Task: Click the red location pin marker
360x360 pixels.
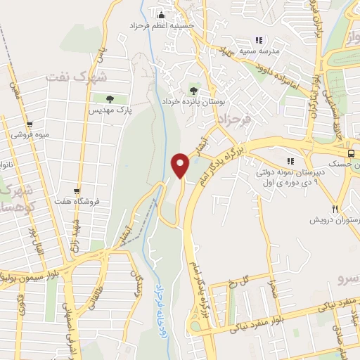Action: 181,165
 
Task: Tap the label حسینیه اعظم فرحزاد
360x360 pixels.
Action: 161,26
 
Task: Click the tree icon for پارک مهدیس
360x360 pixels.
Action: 109,98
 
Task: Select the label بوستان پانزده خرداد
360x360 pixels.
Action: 193,102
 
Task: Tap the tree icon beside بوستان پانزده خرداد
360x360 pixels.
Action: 193,90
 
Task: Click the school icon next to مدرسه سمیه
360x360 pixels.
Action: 259,40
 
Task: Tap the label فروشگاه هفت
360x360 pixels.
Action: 77,202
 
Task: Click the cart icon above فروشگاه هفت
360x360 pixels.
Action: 77,191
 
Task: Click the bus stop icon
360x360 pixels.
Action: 350,153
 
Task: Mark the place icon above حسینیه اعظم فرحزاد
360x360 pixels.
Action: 162,15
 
